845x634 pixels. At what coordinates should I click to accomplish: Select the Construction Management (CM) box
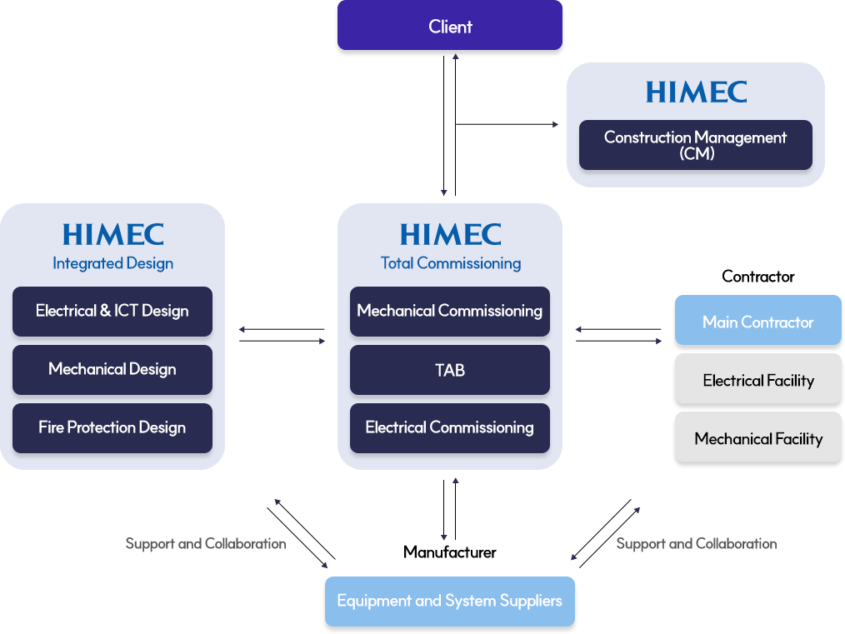click(x=695, y=145)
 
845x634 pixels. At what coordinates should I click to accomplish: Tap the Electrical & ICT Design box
click(x=112, y=311)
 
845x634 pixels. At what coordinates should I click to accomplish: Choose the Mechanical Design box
click(x=112, y=369)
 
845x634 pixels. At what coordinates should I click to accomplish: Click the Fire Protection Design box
click(x=112, y=427)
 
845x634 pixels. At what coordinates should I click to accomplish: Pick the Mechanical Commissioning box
click(x=450, y=311)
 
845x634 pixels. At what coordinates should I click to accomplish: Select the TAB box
click(x=450, y=369)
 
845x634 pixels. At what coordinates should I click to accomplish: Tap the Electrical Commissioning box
click(x=450, y=427)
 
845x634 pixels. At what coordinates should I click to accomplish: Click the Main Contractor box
click(x=757, y=322)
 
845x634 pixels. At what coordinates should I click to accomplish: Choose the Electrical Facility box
click(x=757, y=381)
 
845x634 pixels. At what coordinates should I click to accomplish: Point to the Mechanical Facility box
click(x=757, y=439)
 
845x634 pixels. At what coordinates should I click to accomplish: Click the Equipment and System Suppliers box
click(x=450, y=601)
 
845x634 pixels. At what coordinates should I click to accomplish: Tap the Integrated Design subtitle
click(x=112, y=263)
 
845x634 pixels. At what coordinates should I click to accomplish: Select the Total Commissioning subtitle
click(x=450, y=263)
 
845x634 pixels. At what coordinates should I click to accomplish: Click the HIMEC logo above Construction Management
click(x=696, y=92)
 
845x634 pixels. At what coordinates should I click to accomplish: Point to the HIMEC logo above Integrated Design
click(x=112, y=234)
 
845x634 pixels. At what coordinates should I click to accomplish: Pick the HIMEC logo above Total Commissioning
click(x=450, y=234)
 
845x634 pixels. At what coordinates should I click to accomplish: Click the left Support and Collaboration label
click(x=206, y=543)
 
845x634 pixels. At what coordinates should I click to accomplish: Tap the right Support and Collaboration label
click(x=696, y=543)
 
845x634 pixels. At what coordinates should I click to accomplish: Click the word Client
click(x=450, y=27)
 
